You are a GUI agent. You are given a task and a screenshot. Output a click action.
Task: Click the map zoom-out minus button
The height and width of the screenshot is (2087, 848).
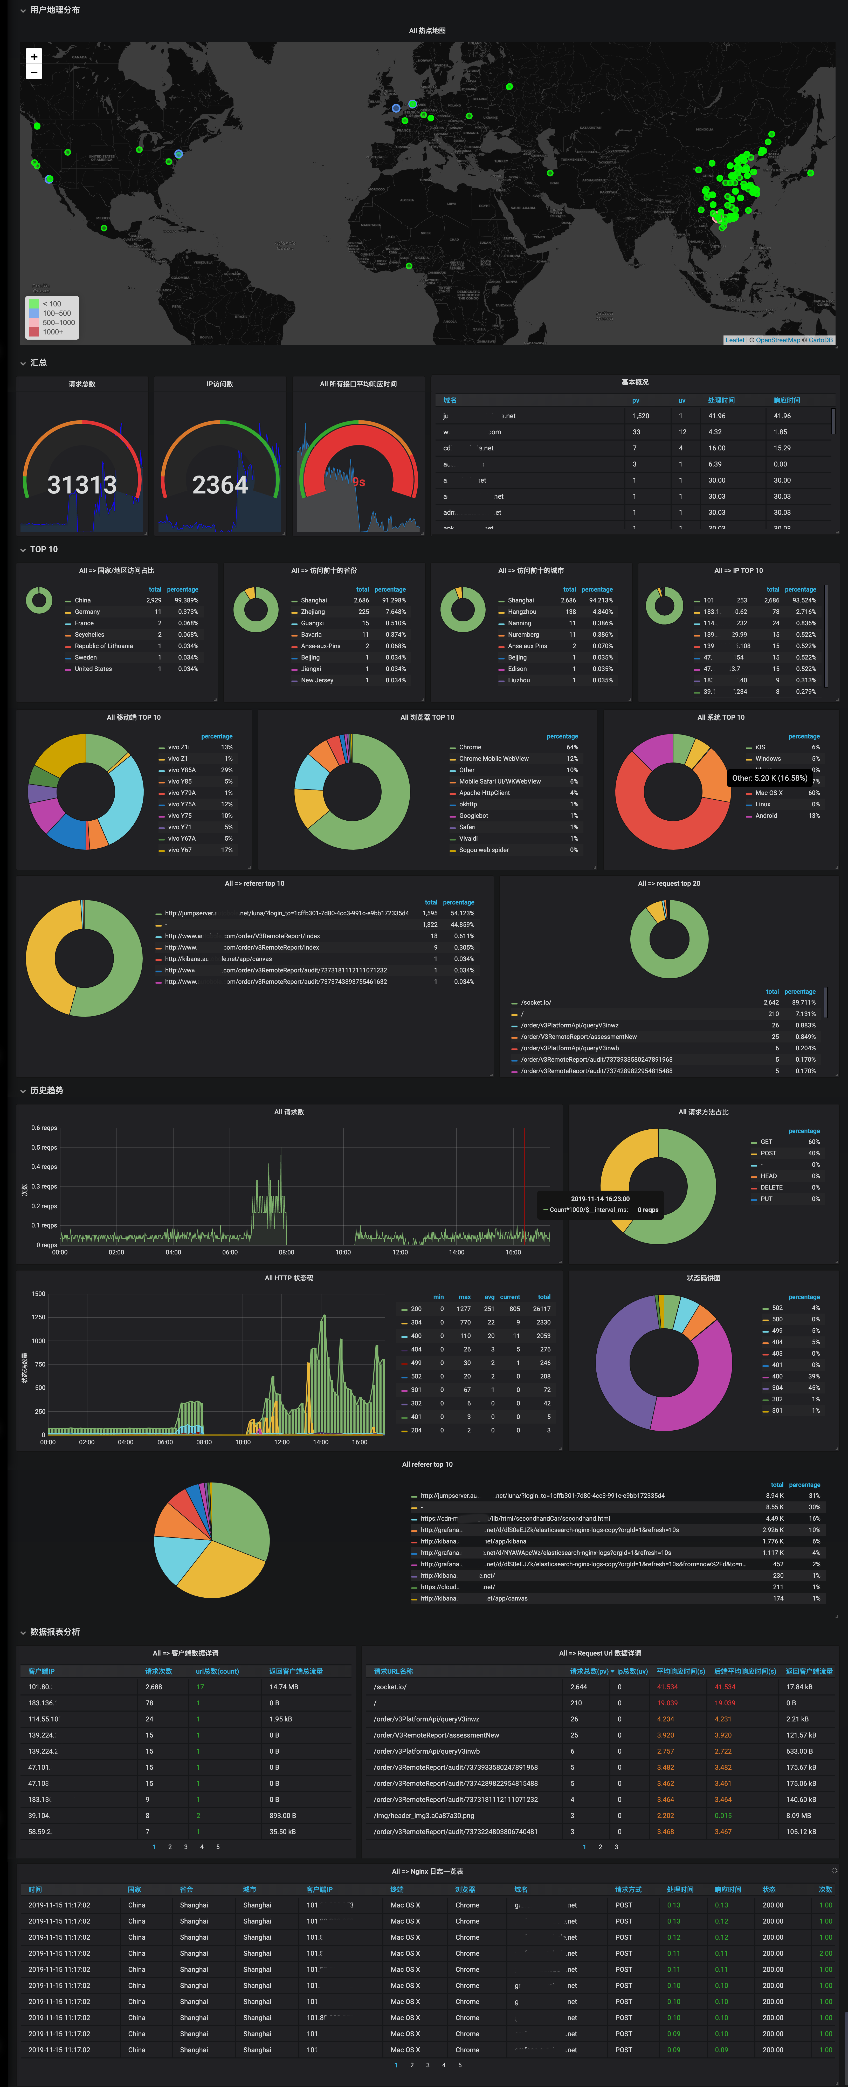pyautogui.click(x=34, y=72)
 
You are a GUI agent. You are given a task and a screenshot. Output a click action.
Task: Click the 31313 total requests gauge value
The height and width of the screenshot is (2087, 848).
pyautogui.click(x=82, y=484)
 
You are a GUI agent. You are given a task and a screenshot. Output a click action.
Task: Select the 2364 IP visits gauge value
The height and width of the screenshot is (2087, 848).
pyautogui.click(x=219, y=484)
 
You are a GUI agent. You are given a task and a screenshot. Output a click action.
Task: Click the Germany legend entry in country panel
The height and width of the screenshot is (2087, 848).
pyautogui.click(x=87, y=612)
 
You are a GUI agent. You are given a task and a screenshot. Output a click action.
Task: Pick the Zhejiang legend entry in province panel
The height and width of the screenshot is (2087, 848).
pyautogui.click(x=313, y=612)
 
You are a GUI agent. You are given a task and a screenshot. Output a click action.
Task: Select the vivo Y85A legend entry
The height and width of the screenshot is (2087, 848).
pyautogui.click(x=181, y=770)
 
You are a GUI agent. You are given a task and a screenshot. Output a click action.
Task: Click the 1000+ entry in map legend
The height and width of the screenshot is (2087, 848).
pyautogui.click(x=53, y=331)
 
